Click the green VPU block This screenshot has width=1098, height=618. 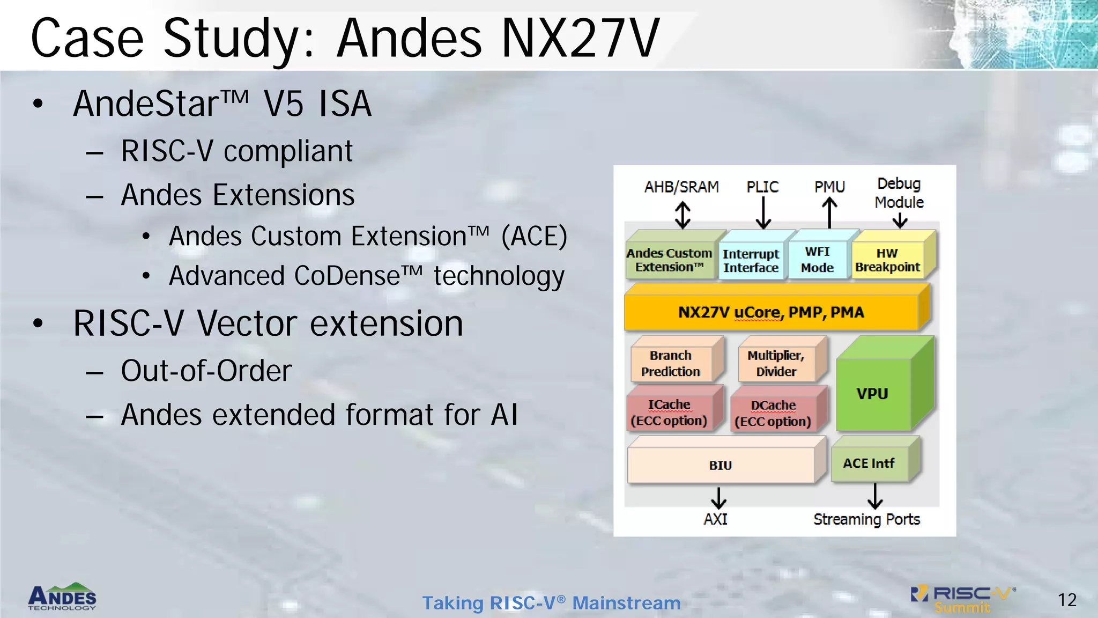[873, 394]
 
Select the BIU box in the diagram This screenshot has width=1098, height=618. [721, 465]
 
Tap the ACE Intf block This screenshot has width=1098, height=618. [869, 463]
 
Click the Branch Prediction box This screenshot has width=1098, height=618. [671, 364]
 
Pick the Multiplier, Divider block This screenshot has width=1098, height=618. [776, 364]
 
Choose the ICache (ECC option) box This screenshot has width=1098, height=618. [669, 413]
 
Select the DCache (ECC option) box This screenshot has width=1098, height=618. [773, 414]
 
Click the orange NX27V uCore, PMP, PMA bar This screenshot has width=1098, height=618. [771, 312]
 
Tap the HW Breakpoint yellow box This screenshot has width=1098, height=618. [887, 260]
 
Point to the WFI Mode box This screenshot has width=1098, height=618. [817, 260]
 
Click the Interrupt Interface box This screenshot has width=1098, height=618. [751, 261]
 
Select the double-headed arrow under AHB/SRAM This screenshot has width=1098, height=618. [682, 215]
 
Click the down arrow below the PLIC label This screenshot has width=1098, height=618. [763, 214]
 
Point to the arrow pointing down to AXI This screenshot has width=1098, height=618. [718, 498]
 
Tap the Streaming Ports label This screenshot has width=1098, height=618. [866, 519]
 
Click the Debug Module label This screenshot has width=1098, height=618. [899, 193]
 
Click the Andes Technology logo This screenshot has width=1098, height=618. [62, 597]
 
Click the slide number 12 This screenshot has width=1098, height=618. [1067, 600]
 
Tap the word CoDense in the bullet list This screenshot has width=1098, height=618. [347, 276]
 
